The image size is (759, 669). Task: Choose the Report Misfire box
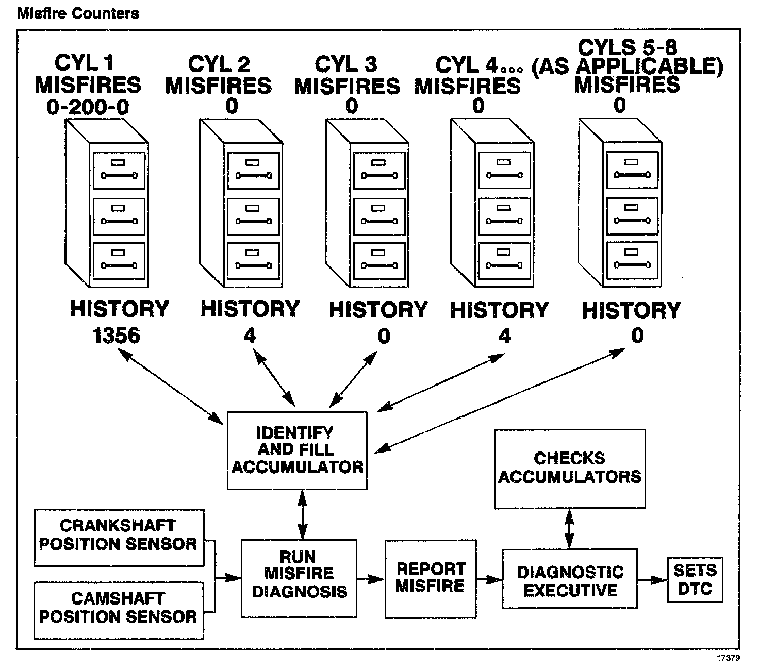(430, 578)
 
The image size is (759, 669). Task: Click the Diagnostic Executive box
(570, 578)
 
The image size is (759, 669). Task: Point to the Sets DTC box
(695, 579)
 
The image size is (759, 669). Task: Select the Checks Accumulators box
(570, 469)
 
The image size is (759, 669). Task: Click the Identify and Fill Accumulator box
(297, 450)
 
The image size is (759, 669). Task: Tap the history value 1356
(117, 336)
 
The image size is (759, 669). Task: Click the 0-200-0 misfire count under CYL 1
(88, 107)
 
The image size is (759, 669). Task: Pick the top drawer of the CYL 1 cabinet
(119, 170)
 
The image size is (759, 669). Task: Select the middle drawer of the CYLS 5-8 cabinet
(631, 215)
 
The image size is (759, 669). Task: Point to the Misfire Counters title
(78, 13)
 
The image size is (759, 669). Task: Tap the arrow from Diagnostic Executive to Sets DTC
(652, 579)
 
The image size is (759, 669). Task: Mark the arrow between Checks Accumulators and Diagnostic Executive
(569, 529)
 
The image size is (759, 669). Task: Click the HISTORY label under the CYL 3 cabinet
(378, 310)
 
